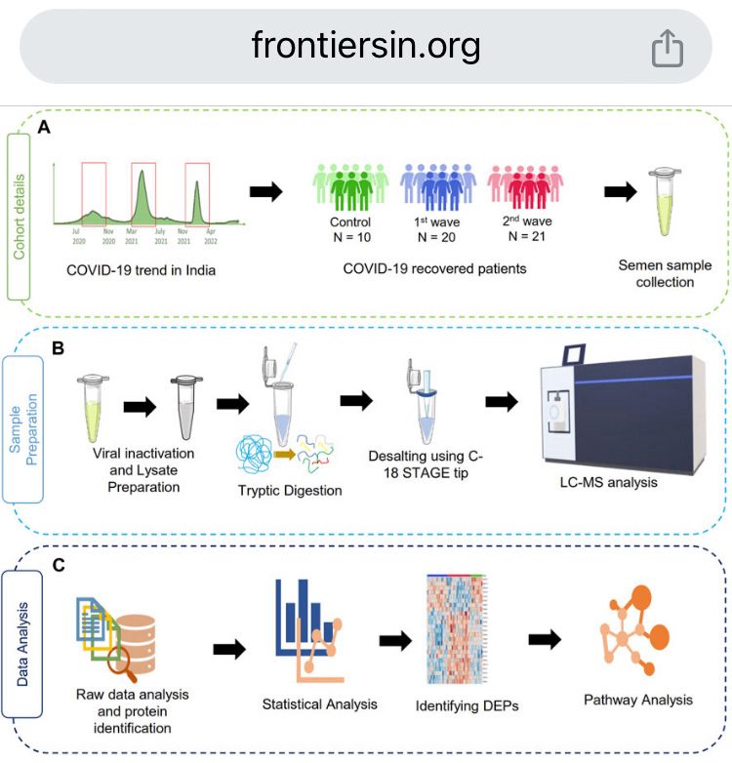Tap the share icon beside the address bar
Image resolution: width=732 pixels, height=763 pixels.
[668, 48]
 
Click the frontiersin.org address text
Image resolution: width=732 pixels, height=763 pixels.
[366, 46]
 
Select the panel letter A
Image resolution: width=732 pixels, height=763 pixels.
[44, 128]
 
